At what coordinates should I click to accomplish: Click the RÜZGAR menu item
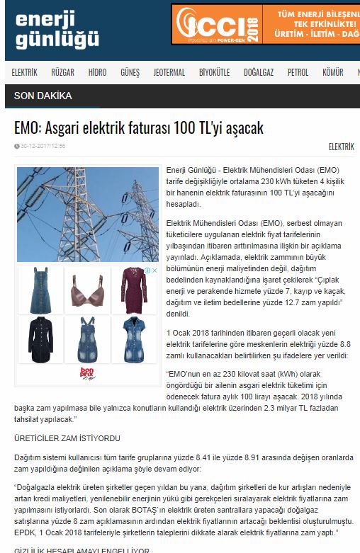click(63, 72)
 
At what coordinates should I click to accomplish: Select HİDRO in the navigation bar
click(98, 72)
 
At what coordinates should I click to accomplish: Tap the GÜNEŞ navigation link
click(130, 72)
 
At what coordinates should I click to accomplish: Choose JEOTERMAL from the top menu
click(169, 72)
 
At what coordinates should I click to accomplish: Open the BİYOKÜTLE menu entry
click(214, 72)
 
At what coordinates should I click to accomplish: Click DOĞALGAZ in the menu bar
click(259, 72)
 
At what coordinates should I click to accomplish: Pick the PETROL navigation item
click(298, 72)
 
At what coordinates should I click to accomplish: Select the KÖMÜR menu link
click(332, 72)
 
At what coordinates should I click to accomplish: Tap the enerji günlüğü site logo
click(57, 30)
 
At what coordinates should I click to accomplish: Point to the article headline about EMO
click(139, 128)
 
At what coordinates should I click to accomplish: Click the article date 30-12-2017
click(43, 147)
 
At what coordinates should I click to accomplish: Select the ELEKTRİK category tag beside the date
click(341, 147)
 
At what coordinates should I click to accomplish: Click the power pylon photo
click(87, 213)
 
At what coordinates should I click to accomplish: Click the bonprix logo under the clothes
click(88, 372)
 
